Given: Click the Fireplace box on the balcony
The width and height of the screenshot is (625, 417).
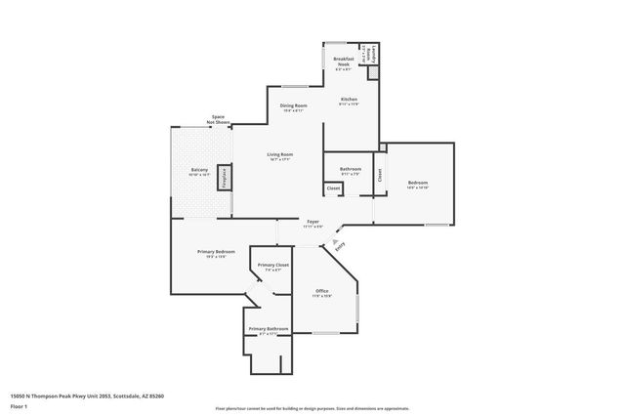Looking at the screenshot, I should click(x=224, y=177).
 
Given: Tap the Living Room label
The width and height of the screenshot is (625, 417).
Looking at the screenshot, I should click(x=281, y=154).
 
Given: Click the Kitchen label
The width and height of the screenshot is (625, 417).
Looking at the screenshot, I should click(x=349, y=100).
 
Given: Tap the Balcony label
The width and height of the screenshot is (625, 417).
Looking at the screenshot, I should click(x=199, y=171).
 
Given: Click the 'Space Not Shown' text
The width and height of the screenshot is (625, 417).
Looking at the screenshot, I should click(x=218, y=119).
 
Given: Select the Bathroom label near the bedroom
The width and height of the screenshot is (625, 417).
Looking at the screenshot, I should click(x=350, y=169).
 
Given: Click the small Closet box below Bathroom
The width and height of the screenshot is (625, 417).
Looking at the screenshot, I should click(x=333, y=188).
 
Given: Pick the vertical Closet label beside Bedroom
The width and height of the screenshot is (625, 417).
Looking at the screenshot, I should click(x=380, y=177).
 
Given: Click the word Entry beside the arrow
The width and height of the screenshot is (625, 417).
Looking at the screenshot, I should click(x=340, y=248).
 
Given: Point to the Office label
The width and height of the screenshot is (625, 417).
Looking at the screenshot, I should click(x=322, y=291).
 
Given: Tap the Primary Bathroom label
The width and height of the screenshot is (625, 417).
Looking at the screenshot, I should click(x=268, y=329).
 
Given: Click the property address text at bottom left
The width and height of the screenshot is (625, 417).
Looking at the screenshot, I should click(x=87, y=396).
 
